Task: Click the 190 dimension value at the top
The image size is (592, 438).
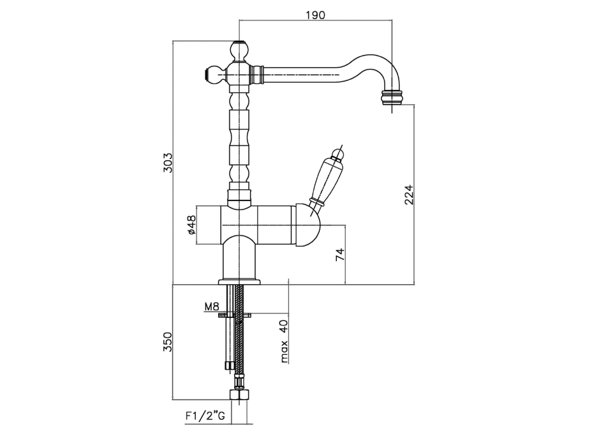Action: (315, 15)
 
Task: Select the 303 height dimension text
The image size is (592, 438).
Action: (168, 163)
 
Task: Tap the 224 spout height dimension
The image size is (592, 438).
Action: (410, 195)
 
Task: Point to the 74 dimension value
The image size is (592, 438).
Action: (340, 254)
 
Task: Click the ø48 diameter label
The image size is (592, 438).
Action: (191, 225)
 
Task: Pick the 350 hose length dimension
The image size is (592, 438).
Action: (168, 342)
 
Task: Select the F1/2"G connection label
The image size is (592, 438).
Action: (205, 416)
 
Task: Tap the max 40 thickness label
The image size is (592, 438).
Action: (284, 341)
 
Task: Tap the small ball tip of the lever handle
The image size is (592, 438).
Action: (337, 155)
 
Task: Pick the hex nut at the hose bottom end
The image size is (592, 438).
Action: (239, 395)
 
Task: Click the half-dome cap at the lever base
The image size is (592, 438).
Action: (307, 225)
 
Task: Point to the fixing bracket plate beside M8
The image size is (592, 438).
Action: (235, 314)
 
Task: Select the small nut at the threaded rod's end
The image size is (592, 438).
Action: (228, 365)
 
